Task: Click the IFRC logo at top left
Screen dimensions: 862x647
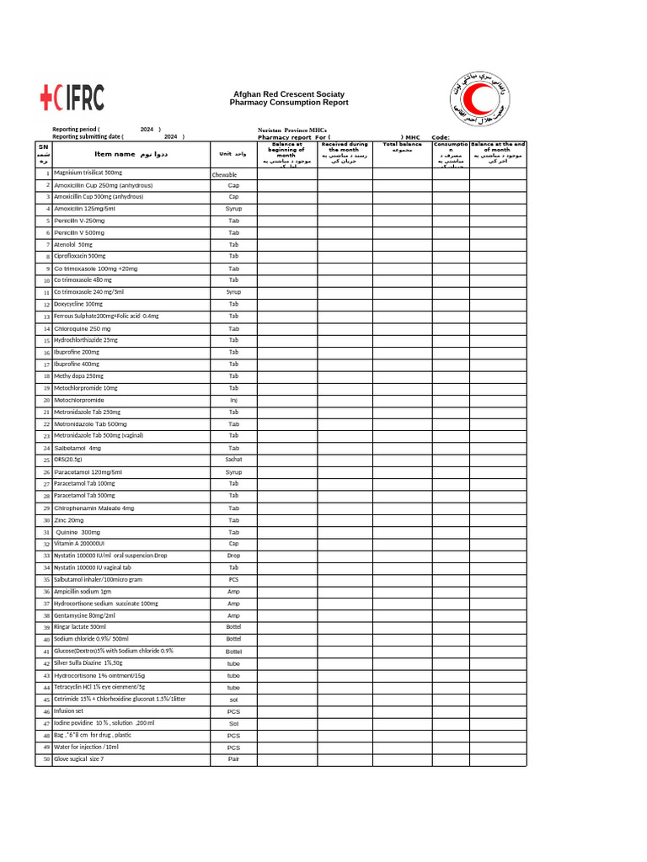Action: [72, 98]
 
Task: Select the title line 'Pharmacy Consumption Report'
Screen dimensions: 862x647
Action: [288, 103]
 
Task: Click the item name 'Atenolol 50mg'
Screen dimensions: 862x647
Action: [73, 244]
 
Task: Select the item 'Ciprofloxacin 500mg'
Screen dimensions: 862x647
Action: [80, 256]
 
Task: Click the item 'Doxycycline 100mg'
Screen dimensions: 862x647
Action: [78, 304]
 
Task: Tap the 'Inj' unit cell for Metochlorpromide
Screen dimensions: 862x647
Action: [233, 400]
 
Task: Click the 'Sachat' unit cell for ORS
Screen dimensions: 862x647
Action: [233, 460]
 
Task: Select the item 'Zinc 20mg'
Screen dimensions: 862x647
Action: [69, 520]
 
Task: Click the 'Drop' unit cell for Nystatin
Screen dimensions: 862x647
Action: [233, 556]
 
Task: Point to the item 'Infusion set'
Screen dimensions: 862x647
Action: [68, 710]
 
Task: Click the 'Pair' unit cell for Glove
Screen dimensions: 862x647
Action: [233, 758]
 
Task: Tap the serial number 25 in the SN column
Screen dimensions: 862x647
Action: [46, 460]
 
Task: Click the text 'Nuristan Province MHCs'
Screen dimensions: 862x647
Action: [291, 130]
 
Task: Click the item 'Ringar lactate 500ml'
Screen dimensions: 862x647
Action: [80, 627]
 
